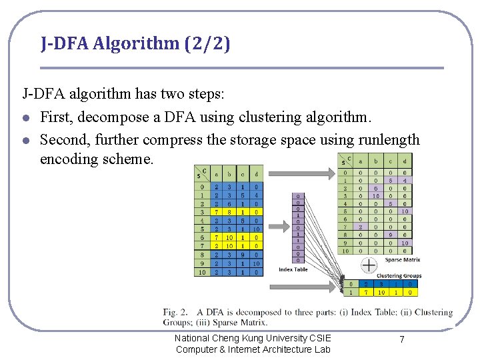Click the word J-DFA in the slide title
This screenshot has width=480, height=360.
point(65,44)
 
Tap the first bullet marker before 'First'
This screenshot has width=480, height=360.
point(25,118)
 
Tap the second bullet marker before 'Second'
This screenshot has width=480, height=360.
point(25,140)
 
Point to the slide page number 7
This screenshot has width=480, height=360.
point(401,340)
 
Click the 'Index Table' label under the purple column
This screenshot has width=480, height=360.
point(293,269)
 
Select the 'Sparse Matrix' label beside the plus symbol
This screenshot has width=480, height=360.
point(402,260)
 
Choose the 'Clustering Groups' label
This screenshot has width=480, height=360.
point(399,275)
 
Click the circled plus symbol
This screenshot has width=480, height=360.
point(369,265)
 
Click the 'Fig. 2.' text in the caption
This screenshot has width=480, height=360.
point(175,312)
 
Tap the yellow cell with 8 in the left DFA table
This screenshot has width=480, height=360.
point(229,212)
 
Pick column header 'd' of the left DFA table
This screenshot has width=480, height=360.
point(257,175)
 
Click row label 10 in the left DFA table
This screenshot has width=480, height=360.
point(201,271)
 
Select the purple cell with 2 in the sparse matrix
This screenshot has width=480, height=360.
point(361,226)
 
